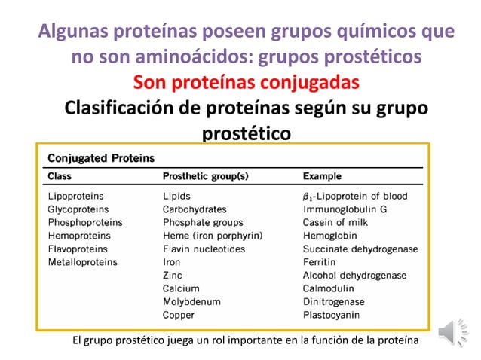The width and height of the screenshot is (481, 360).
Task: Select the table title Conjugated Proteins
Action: (x=101, y=159)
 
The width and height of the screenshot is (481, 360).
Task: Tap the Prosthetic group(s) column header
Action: (x=205, y=177)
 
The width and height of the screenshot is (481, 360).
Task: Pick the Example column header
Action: (x=322, y=177)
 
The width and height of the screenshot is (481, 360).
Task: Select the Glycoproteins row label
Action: (x=78, y=209)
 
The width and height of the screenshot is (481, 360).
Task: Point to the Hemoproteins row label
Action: (x=78, y=236)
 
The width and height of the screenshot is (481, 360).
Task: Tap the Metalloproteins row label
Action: (x=82, y=262)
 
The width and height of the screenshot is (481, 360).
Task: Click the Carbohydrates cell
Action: (x=195, y=209)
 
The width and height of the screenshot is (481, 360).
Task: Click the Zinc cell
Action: (x=173, y=276)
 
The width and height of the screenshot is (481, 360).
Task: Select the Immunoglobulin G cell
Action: (x=345, y=209)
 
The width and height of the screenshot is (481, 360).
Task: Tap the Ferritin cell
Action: (x=320, y=262)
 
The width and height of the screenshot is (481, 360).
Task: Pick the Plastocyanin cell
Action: (x=332, y=315)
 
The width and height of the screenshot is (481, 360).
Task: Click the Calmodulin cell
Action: (x=329, y=288)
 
